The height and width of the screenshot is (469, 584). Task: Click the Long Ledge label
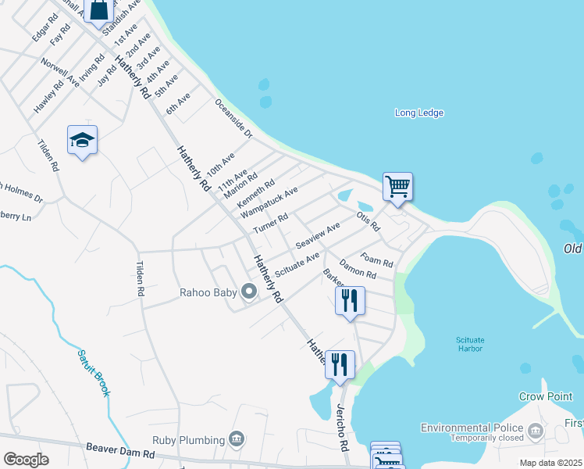(x=418, y=113)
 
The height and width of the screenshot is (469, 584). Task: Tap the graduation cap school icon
(x=82, y=141)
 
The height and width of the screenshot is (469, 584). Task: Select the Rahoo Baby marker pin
(x=249, y=292)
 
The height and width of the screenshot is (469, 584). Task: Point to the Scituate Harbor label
(x=470, y=344)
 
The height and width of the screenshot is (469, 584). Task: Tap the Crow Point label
(x=546, y=397)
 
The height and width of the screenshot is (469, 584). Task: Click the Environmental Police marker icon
(x=535, y=431)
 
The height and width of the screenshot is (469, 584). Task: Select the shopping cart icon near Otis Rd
(x=397, y=187)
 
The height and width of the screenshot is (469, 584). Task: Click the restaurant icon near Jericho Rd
(x=340, y=364)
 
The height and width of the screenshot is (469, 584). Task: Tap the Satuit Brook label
(x=93, y=372)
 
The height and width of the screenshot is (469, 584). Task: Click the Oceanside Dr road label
(x=233, y=119)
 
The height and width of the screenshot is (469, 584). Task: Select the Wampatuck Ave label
(x=269, y=202)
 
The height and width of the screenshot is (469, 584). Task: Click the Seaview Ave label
(x=318, y=233)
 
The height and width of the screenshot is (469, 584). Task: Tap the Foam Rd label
(x=376, y=260)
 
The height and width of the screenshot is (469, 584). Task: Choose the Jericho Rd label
(x=340, y=428)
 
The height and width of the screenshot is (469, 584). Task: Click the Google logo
(x=26, y=460)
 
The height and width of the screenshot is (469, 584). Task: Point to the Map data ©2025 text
(x=550, y=463)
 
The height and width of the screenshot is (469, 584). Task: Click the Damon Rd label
(x=358, y=271)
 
